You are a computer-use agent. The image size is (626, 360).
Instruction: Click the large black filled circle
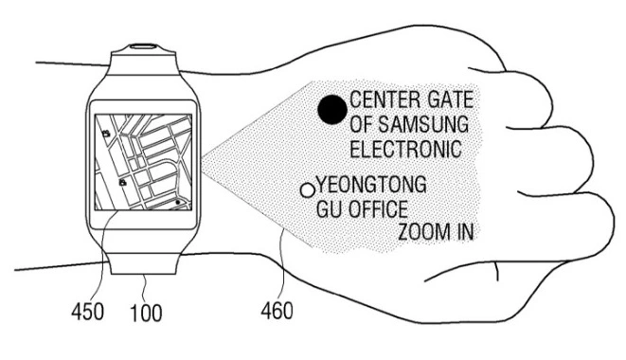pos(331,112)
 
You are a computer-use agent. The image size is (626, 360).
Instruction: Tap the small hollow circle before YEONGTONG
pos(307,189)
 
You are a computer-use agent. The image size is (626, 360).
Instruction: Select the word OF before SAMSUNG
pos(364,124)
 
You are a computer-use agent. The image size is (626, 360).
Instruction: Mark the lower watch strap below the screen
pos(142,261)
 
